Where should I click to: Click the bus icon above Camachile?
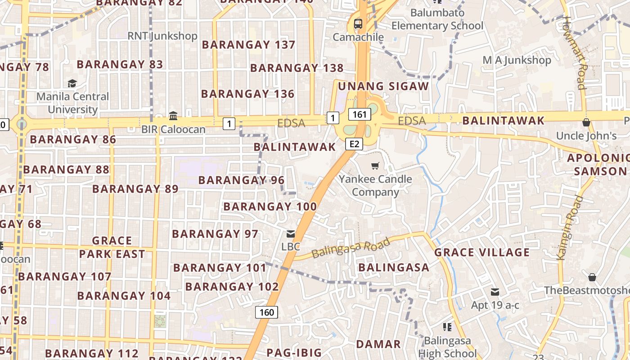tap(358, 24)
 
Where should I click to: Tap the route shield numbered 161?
tap(360, 115)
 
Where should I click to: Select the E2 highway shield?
tap(354, 144)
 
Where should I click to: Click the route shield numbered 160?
tap(266, 312)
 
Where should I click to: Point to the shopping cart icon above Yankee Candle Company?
tap(375, 166)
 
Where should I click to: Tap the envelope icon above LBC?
tap(291, 234)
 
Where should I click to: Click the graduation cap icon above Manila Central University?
tap(72, 83)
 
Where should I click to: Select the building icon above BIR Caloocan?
tap(173, 116)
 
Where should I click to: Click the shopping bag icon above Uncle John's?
tap(586, 122)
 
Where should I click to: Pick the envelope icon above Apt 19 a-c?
tap(495, 292)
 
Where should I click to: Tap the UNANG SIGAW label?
tap(383, 86)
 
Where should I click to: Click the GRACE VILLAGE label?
tap(482, 252)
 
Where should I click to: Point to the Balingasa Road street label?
tap(351, 248)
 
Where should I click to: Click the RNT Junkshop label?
tap(162, 36)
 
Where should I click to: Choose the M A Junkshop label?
tap(517, 60)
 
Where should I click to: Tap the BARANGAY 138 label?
tap(297, 68)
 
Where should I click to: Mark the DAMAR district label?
tap(378, 344)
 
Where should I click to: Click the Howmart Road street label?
tap(576, 53)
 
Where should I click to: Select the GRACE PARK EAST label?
tap(112, 247)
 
